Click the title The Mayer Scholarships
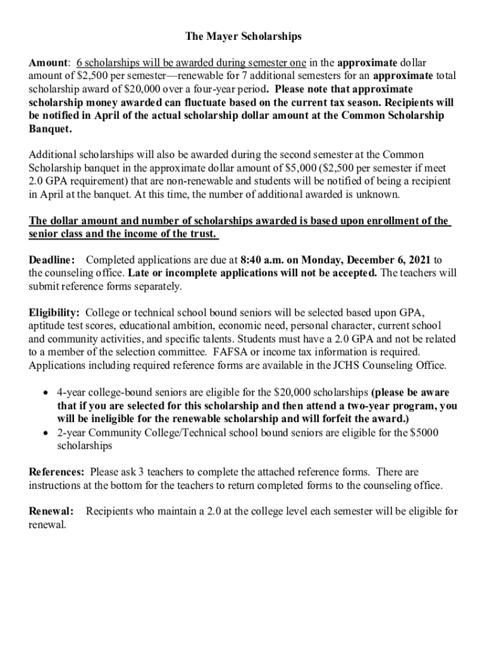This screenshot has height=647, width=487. [x=244, y=37]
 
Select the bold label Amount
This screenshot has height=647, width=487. [x=48, y=63]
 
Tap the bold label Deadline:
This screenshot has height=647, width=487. [x=52, y=260]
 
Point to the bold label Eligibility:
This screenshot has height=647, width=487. [x=54, y=313]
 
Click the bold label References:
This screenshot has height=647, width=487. [x=57, y=472]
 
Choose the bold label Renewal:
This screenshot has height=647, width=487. [x=51, y=511]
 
